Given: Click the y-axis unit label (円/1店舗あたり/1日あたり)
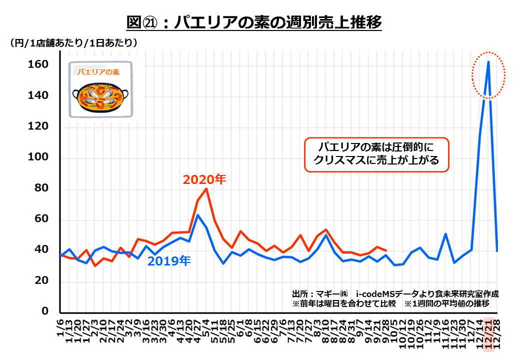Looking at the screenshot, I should [73, 43].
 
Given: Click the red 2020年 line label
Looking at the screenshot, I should [204, 179].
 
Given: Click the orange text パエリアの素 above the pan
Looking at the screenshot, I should [98, 72].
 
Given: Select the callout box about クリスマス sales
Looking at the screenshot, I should [377, 154].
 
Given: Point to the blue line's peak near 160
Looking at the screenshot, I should [488, 62].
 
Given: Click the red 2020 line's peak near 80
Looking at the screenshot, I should [206, 188].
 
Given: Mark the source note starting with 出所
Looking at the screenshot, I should [395, 293].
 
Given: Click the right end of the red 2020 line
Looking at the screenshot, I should [385, 250].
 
